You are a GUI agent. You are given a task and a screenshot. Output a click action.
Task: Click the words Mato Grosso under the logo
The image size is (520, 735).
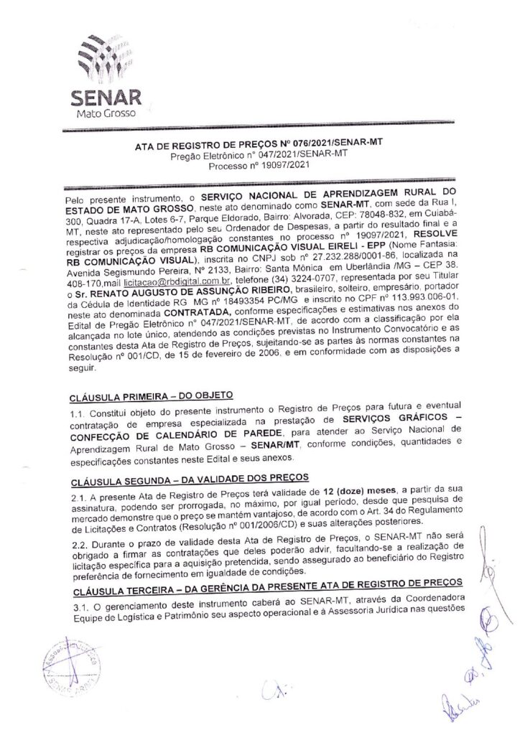pos(106,114)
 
